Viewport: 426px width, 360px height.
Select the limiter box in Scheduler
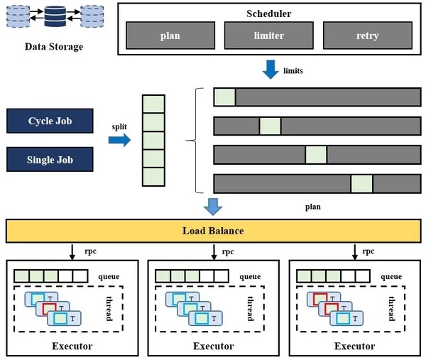coord(268,36)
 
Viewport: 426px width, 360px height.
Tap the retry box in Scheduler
coord(367,36)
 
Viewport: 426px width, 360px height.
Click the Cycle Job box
coord(50,121)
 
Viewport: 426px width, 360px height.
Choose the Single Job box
coord(50,159)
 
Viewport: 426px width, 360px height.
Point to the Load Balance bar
coord(213,231)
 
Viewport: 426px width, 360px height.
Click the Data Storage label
coord(54,47)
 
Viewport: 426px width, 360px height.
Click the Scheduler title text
coord(270,13)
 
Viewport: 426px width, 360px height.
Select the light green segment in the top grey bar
coord(224,97)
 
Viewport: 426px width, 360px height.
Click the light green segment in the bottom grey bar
coord(361,183)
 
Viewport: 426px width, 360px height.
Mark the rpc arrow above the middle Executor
coord(214,252)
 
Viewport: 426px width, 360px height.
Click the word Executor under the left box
coord(72,346)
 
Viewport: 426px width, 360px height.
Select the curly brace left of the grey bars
coord(191,141)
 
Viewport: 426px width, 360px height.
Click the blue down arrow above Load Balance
coord(214,207)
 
